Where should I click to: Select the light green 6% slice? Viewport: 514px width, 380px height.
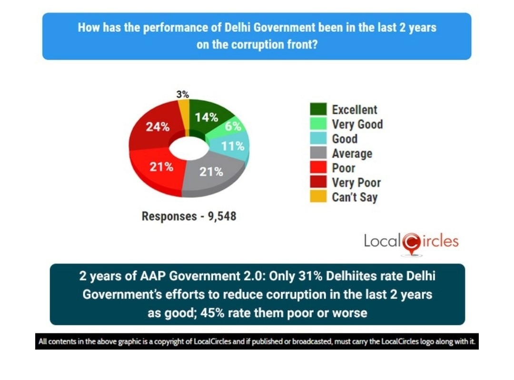point(233,127)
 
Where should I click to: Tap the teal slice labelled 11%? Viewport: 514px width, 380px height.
point(233,146)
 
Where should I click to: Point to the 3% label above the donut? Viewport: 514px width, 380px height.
point(182,94)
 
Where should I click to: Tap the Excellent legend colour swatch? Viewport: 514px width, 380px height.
point(318,109)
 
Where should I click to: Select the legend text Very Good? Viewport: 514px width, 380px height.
point(357,125)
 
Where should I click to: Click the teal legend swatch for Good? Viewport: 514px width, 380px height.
point(318,139)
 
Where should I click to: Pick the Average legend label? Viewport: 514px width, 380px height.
point(352,154)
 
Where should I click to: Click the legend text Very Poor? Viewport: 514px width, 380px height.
point(356,183)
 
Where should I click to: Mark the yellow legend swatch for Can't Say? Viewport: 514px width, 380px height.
point(318,197)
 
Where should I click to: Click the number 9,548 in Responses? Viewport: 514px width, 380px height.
point(218,216)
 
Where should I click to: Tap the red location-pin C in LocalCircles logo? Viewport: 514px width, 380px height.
point(411,243)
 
